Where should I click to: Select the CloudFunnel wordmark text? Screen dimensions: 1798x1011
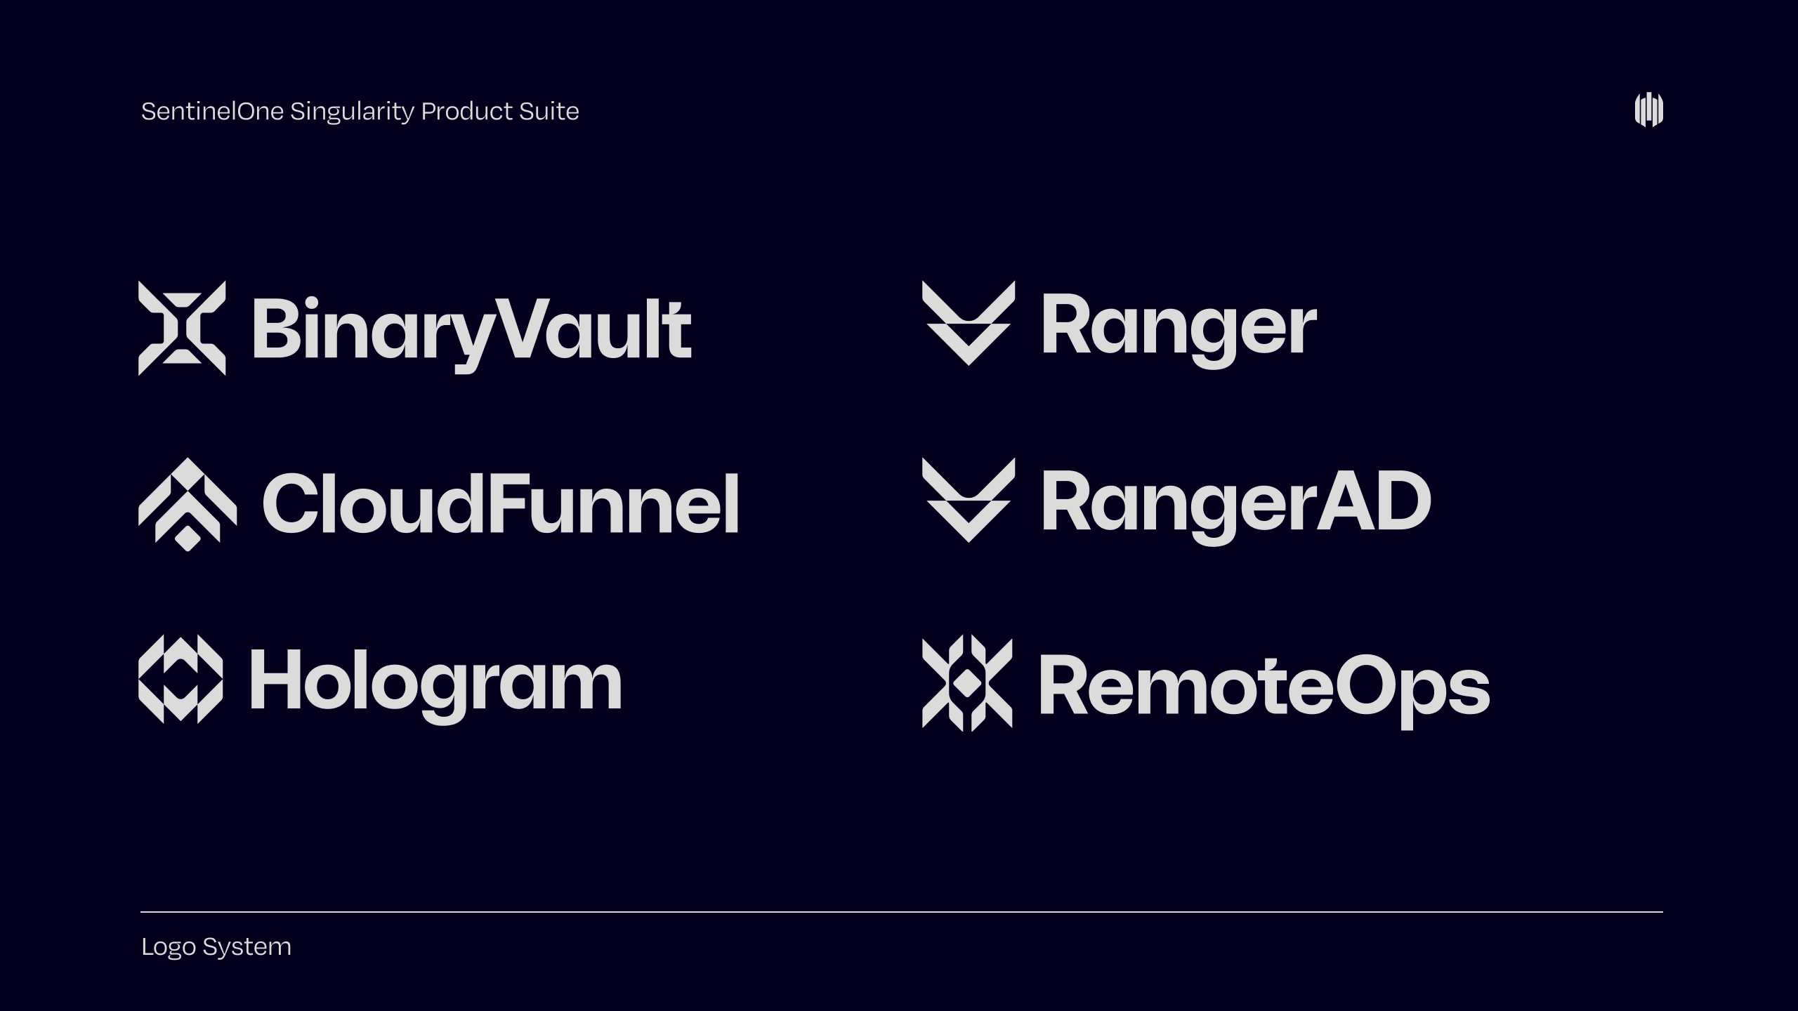click(500, 502)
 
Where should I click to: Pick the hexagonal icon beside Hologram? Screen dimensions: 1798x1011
click(181, 679)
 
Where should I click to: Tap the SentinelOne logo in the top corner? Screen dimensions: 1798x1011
click(1648, 110)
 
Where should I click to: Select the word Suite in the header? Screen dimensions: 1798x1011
click(549, 111)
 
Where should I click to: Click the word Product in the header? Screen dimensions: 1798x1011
click(467, 111)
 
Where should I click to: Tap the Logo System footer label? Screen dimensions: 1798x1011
click(216, 947)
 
